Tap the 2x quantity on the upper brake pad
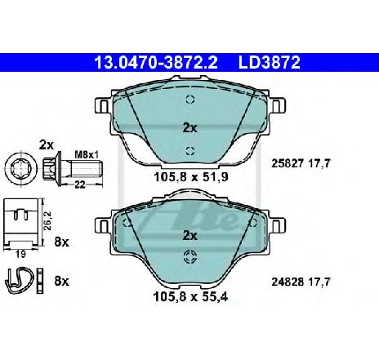coord(190,127)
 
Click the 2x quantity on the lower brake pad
coord(190,235)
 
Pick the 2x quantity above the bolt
coord(47,144)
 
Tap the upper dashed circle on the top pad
coord(190,100)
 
